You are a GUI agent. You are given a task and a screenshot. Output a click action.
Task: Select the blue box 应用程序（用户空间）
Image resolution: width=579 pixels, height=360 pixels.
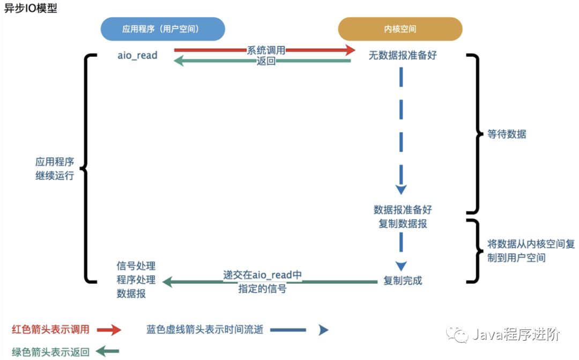(162, 29)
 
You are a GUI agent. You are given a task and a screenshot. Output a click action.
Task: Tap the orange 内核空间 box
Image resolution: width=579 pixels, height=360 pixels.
(400, 29)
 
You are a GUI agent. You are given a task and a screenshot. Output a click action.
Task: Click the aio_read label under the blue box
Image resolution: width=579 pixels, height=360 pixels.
(137, 55)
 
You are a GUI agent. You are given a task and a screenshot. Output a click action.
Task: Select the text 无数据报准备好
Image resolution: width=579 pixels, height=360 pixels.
(402, 55)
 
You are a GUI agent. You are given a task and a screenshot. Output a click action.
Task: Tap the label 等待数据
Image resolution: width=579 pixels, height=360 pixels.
(507, 134)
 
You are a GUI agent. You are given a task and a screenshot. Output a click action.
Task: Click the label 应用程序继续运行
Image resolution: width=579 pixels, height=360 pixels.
(55, 168)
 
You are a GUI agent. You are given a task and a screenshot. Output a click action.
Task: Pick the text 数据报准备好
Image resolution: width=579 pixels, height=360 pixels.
(403, 210)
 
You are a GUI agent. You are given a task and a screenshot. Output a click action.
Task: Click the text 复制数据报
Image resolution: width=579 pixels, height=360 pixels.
(403, 223)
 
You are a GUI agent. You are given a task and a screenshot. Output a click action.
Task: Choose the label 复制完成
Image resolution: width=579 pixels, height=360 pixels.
(403, 280)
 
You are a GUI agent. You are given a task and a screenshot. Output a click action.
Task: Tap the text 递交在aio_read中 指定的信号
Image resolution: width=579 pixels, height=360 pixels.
(262, 282)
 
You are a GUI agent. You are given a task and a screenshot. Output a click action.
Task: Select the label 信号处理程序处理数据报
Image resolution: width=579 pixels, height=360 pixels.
(136, 280)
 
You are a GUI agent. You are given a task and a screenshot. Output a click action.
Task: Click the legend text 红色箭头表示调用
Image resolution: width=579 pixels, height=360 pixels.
(50, 329)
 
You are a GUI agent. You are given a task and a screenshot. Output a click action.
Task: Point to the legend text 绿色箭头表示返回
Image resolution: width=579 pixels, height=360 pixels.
(50, 351)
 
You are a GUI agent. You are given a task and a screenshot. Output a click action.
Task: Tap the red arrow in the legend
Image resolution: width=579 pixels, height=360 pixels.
(109, 329)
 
